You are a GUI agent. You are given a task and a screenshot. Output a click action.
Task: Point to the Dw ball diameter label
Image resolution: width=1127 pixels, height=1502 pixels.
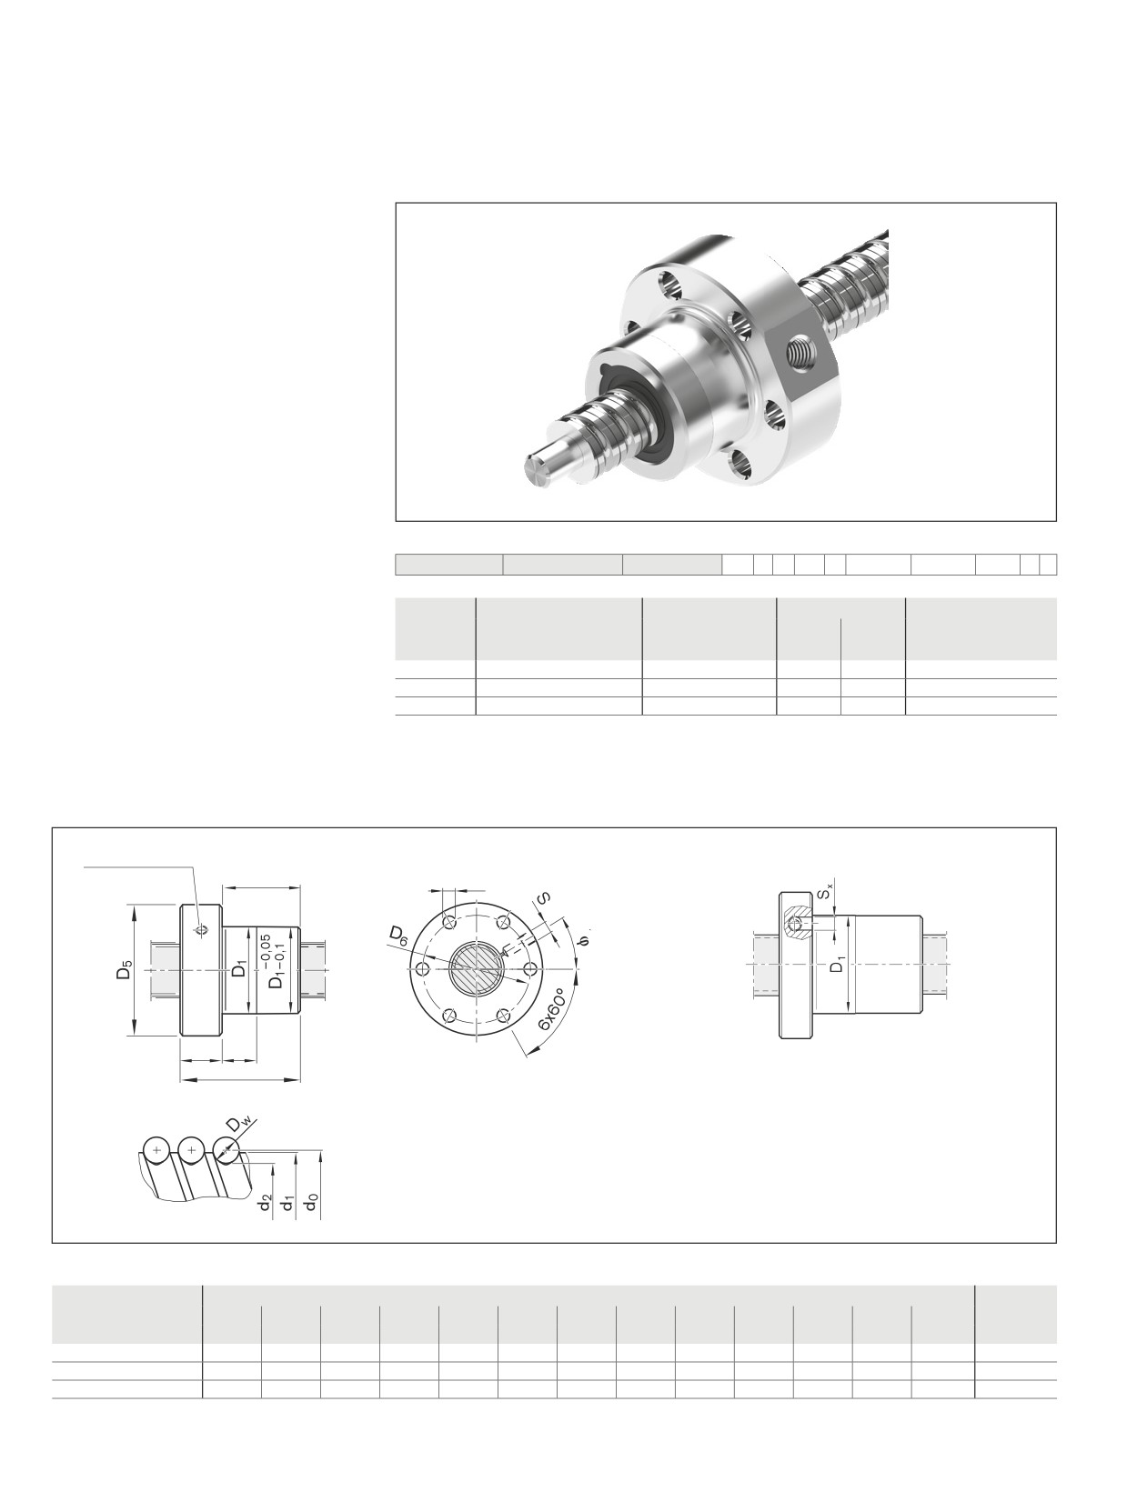pos(240,1124)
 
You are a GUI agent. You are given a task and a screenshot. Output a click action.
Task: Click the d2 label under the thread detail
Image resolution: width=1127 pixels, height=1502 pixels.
pos(267,1202)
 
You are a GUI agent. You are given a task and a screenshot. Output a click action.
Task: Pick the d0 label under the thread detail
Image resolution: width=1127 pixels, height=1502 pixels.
pos(313,1202)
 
